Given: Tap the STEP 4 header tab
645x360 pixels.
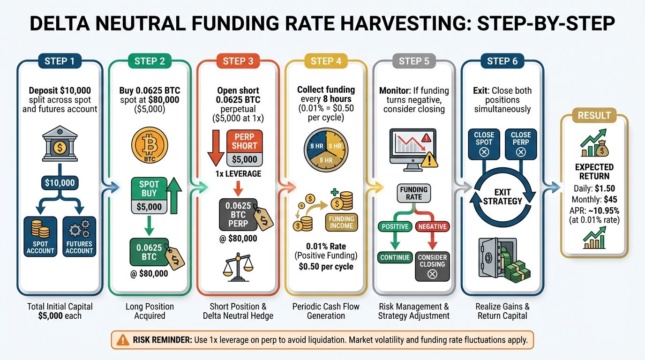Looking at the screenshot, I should click(326, 61).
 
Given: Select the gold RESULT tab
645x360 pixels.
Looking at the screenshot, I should click(594, 115).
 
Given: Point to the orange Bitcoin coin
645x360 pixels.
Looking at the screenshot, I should click(149, 145).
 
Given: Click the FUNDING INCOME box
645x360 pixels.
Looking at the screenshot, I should click(341, 222).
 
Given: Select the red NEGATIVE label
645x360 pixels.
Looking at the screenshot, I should click(431, 227).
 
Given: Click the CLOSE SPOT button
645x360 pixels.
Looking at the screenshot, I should click(484, 143).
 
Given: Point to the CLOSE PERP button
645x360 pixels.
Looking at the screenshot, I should click(521, 143).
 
